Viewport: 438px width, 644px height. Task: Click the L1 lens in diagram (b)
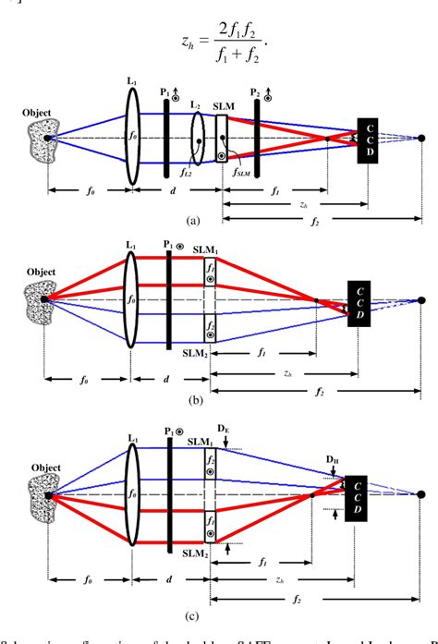pyautogui.click(x=132, y=299)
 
